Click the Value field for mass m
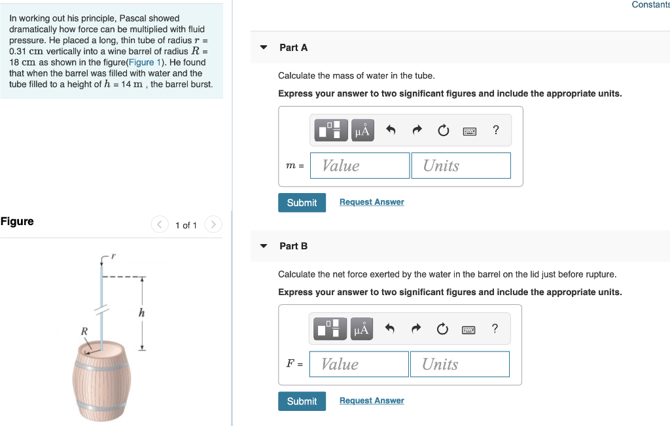point(360,166)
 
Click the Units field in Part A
point(461,166)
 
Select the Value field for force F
point(359,364)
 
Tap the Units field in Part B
point(459,364)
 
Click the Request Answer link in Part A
point(372,202)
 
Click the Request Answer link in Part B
point(372,400)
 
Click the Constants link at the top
point(650,5)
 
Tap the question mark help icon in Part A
point(496,130)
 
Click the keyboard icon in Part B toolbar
point(469,328)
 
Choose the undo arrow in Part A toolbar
point(391,130)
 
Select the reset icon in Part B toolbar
point(442,328)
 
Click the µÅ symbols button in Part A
point(362,130)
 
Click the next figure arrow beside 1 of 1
point(213,225)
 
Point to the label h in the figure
point(141,313)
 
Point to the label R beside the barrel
point(84,331)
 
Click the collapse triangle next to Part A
point(264,48)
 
